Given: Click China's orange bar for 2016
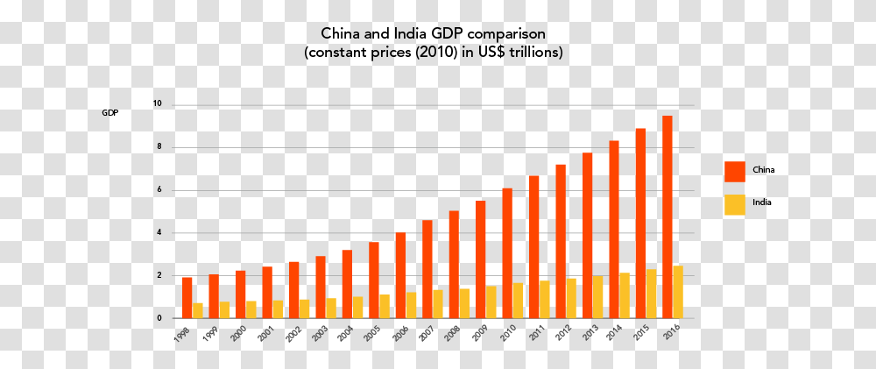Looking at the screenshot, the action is click(667, 216).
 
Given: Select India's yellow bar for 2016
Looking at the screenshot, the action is click(678, 293).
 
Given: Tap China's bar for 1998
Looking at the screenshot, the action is click(187, 298).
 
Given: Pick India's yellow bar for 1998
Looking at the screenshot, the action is click(198, 311).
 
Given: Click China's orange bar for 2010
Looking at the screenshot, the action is click(507, 253).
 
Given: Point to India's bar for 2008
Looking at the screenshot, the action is click(464, 303).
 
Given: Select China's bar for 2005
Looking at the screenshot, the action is click(374, 280).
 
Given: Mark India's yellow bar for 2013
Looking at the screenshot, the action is click(597, 297).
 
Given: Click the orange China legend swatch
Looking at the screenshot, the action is click(735, 172).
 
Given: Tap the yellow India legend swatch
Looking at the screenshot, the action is click(735, 204).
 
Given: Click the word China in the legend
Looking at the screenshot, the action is click(763, 170).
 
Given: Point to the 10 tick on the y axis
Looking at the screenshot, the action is click(158, 104).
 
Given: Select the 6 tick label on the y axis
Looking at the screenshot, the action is click(159, 190).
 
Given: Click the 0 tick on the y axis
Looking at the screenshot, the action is click(159, 318).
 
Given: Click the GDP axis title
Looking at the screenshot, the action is click(110, 113).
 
